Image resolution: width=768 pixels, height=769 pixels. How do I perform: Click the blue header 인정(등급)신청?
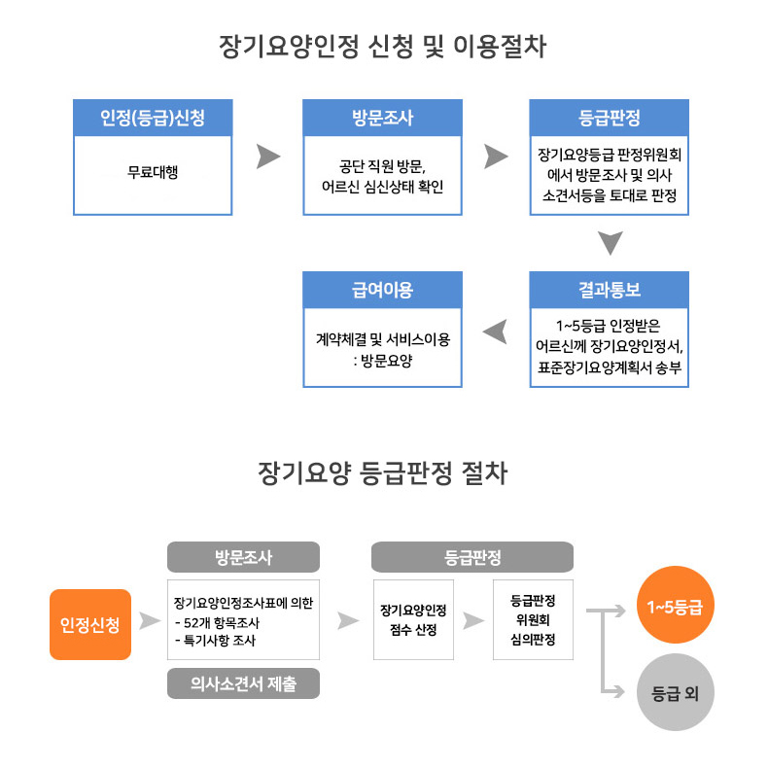click(x=153, y=118)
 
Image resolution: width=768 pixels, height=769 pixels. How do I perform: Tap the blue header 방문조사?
click(x=382, y=118)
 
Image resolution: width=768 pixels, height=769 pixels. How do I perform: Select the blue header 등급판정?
click(x=609, y=118)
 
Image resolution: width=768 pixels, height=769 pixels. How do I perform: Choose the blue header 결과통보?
click(x=609, y=290)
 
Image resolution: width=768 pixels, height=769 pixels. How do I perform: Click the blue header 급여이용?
click(x=382, y=290)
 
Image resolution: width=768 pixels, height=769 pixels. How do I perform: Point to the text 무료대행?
click(x=153, y=173)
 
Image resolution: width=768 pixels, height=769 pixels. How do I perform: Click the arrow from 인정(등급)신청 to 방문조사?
click(x=268, y=157)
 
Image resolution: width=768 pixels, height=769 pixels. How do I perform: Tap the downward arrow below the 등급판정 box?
click(x=610, y=243)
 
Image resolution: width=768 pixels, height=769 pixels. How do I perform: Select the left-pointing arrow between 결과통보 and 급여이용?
click(x=496, y=331)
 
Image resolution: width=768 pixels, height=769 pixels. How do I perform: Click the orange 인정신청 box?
click(x=90, y=623)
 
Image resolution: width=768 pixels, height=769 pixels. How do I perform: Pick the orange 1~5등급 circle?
click(x=675, y=608)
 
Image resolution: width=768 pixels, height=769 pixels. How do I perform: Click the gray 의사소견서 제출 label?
click(x=243, y=684)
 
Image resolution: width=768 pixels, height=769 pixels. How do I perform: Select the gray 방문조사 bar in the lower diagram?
click(x=243, y=557)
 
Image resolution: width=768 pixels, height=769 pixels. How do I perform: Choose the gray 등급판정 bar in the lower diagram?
click(x=472, y=557)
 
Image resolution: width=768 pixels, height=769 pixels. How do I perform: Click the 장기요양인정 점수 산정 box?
click(x=413, y=619)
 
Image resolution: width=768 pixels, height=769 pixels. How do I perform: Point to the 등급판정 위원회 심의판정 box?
click(x=534, y=619)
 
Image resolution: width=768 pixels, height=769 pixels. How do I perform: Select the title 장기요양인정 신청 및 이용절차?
click(x=383, y=47)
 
